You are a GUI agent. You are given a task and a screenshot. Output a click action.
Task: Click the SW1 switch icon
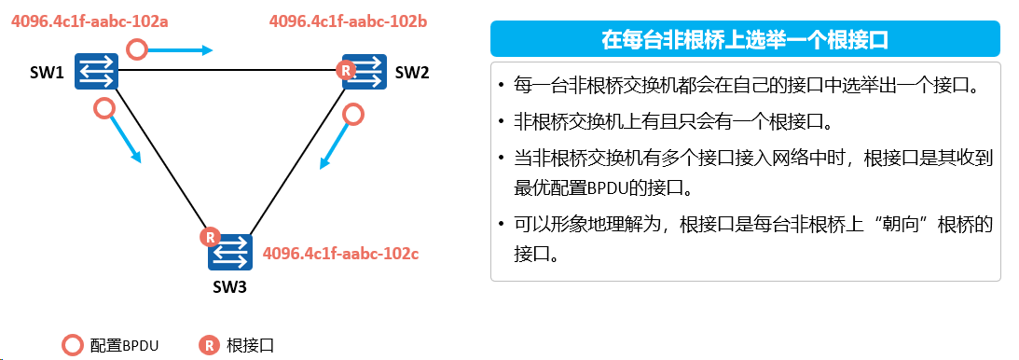(96, 71)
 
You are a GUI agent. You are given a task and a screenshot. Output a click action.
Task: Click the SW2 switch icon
(365, 71)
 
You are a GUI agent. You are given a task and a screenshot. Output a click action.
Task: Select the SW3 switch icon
(230, 252)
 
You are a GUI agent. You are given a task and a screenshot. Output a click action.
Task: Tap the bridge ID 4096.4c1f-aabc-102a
(89, 21)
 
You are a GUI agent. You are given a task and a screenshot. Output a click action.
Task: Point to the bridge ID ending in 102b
(348, 21)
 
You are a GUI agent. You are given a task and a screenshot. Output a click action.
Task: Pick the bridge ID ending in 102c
(340, 252)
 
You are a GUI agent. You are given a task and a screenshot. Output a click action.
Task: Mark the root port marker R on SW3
(209, 238)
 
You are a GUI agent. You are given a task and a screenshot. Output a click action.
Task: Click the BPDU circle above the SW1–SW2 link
(136, 48)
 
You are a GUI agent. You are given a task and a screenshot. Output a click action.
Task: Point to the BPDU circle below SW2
(352, 115)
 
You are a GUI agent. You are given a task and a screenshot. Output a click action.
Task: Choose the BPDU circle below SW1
(104, 108)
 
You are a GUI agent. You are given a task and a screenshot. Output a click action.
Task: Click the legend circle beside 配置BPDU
(72, 345)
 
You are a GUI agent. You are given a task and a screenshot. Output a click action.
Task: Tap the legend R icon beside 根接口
(209, 345)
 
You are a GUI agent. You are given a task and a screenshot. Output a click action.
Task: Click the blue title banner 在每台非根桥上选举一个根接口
(746, 39)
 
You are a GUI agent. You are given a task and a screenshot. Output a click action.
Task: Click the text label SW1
(47, 74)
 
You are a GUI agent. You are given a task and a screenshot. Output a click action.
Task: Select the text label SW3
(229, 286)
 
